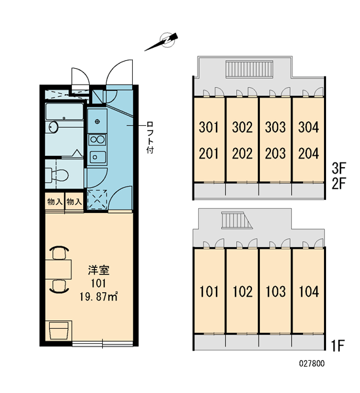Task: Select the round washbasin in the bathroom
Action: point(53,127)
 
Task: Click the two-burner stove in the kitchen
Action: point(98,140)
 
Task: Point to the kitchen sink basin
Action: point(98,157)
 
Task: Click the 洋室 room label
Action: point(98,270)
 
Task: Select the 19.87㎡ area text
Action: point(98,297)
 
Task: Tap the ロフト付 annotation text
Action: point(150,138)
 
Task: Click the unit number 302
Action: point(242,127)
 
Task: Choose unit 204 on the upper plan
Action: point(308,153)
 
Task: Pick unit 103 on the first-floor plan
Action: point(276,291)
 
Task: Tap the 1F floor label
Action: point(338,345)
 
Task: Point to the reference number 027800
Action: point(312,364)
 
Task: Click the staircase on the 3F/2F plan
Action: point(249,69)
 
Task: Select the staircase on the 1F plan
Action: point(236,220)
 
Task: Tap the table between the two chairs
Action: point(58,269)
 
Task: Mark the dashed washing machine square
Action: point(97,200)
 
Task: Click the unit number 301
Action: point(209,127)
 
